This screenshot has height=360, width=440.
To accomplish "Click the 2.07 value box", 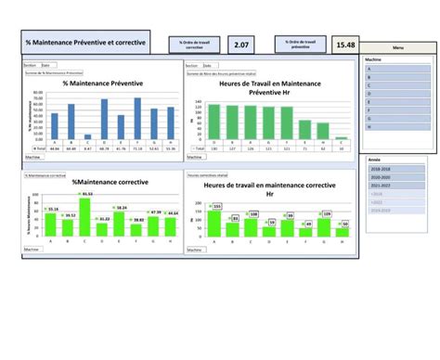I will click(x=241, y=44).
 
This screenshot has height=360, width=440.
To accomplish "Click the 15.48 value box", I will click(x=345, y=45).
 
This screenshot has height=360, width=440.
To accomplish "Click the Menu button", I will click(x=398, y=47).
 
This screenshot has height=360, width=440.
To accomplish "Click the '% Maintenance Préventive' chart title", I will click(x=98, y=84).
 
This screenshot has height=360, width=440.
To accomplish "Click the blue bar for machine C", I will click(x=87, y=136).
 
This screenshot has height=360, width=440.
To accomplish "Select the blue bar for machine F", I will click(x=137, y=116).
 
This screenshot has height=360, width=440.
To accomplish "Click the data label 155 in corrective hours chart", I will click(x=217, y=206).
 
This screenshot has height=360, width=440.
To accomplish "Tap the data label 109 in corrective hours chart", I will click(x=326, y=213).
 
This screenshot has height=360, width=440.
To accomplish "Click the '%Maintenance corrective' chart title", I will click(x=98, y=184).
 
